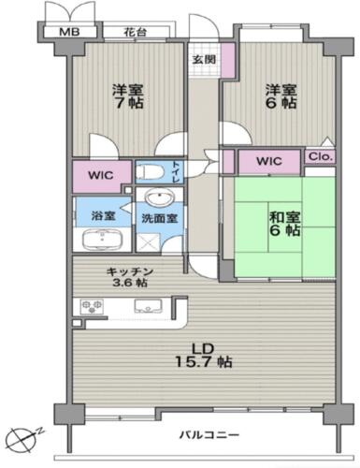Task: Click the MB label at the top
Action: click(69, 32)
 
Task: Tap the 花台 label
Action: click(136, 32)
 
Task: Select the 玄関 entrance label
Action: click(204, 59)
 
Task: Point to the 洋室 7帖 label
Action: click(128, 96)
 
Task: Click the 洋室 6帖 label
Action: click(281, 96)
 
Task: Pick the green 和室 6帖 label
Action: click(284, 224)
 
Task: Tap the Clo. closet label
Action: click(321, 156)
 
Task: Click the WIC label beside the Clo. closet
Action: click(269, 161)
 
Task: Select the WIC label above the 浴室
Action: click(101, 175)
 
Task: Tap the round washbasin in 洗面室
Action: click(160, 197)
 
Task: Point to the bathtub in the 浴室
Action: click(103, 239)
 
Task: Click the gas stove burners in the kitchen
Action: click(92, 306)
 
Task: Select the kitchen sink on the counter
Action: click(148, 306)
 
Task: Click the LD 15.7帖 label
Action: click(204, 355)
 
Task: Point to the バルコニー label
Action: click(209, 434)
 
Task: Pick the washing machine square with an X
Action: click(149, 242)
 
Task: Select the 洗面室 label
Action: click(160, 219)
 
